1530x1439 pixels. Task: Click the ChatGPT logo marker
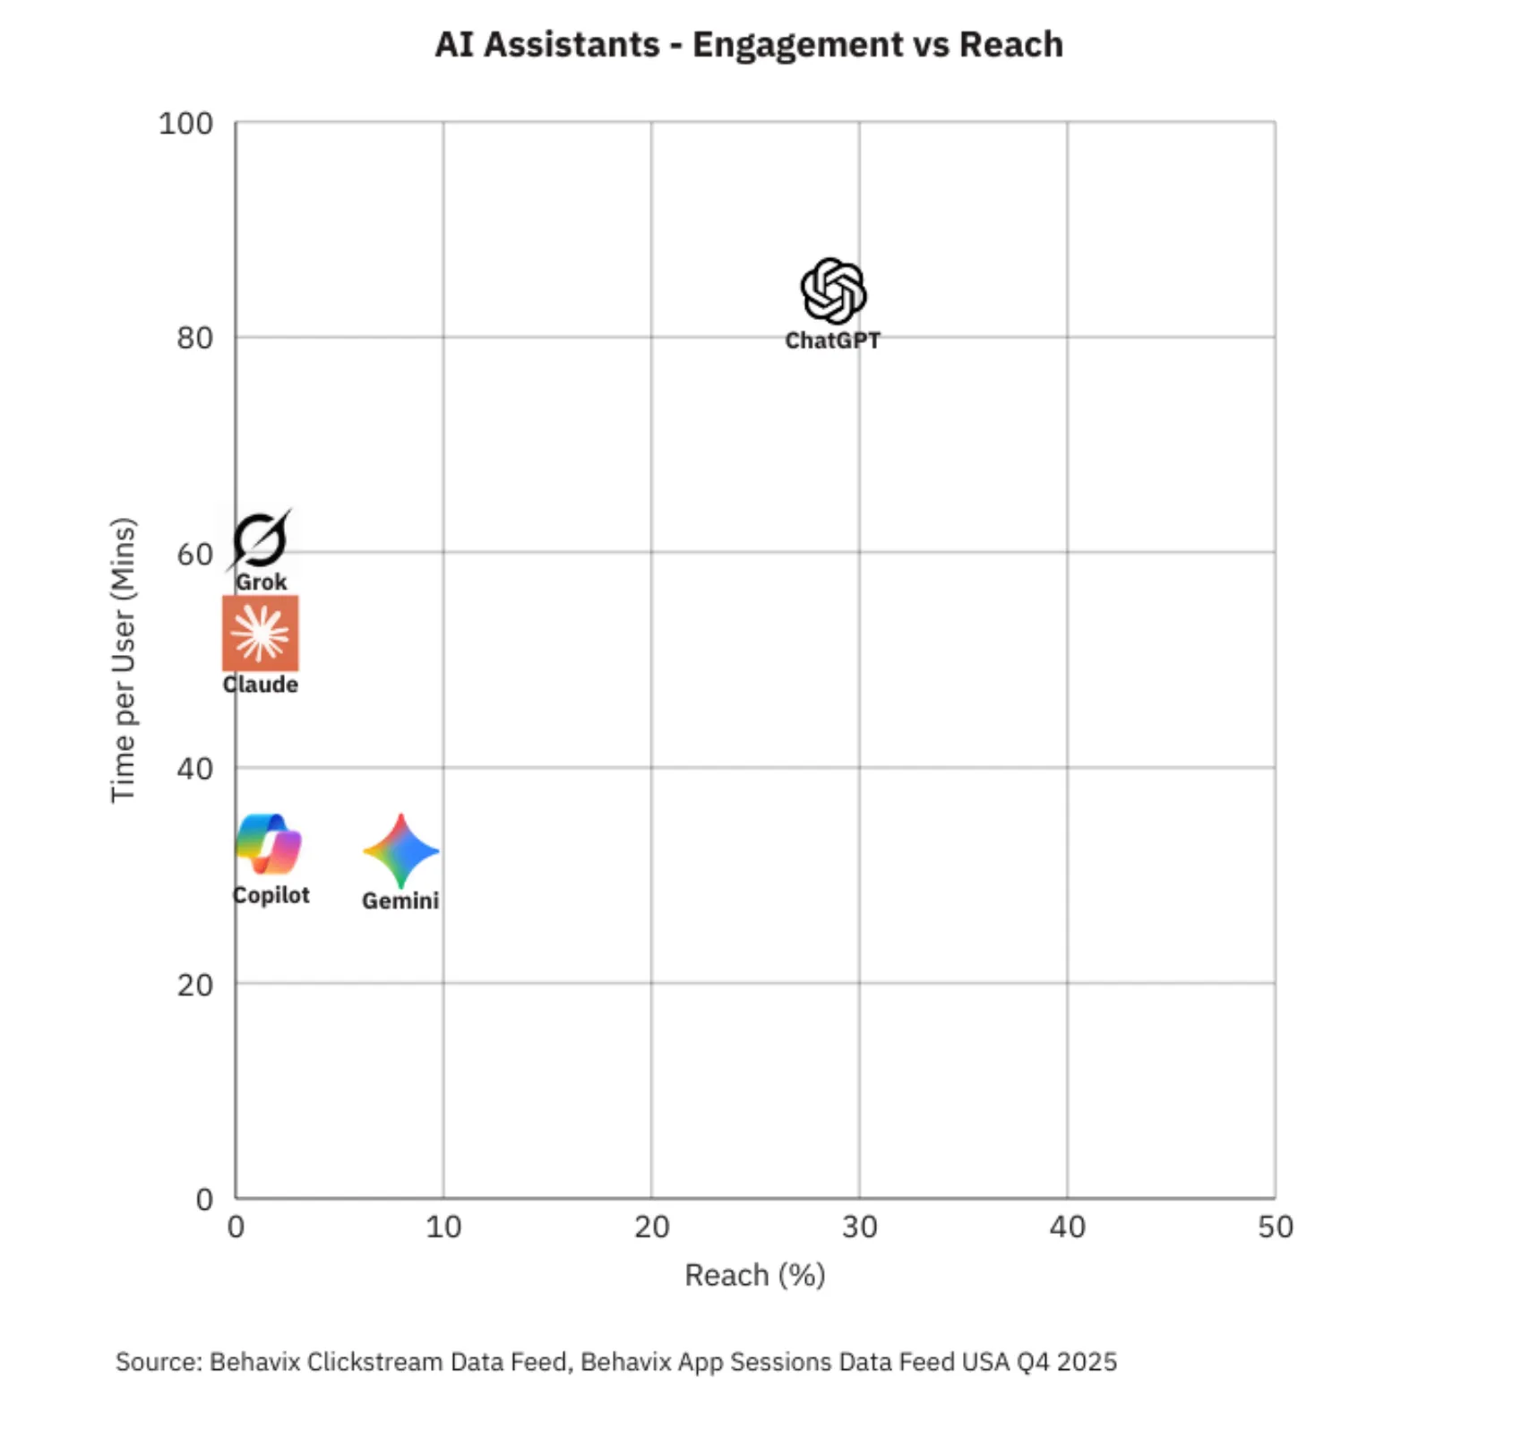pyautogui.click(x=833, y=291)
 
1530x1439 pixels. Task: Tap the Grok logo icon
pyautogui.click(x=260, y=539)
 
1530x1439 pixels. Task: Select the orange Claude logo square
pyautogui.click(x=261, y=633)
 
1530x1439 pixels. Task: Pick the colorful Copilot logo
pyautogui.click(x=269, y=844)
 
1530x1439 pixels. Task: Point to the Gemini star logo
pyautogui.click(x=401, y=850)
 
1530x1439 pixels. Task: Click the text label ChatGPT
pyautogui.click(x=832, y=340)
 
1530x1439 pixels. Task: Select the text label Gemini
pyautogui.click(x=400, y=900)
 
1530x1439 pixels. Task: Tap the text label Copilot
pyautogui.click(x=271, y=895)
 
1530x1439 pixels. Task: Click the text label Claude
pyautogui.click(x=261, y=685)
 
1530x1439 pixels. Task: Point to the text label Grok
pyautogui.click(x=262, y=582)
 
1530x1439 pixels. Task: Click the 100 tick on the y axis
pyautogui.click(x=185, y=123)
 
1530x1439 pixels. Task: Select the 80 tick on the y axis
pyautogui.click(x=194, y=338)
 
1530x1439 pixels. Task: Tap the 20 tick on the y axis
pyautogui.click(x=194, y=985)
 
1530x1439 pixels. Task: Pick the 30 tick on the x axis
pyautogui.click(x=859, y=1227)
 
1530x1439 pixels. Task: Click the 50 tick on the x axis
pyautogui.click(x=1275, y=1227)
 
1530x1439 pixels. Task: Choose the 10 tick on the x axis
pyautogui.click(x=443, y=1227)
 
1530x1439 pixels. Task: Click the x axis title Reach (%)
pyautogui.click(x=754, y=1275)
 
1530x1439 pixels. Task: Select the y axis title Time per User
pyautogui.click(x=123, y=660)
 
